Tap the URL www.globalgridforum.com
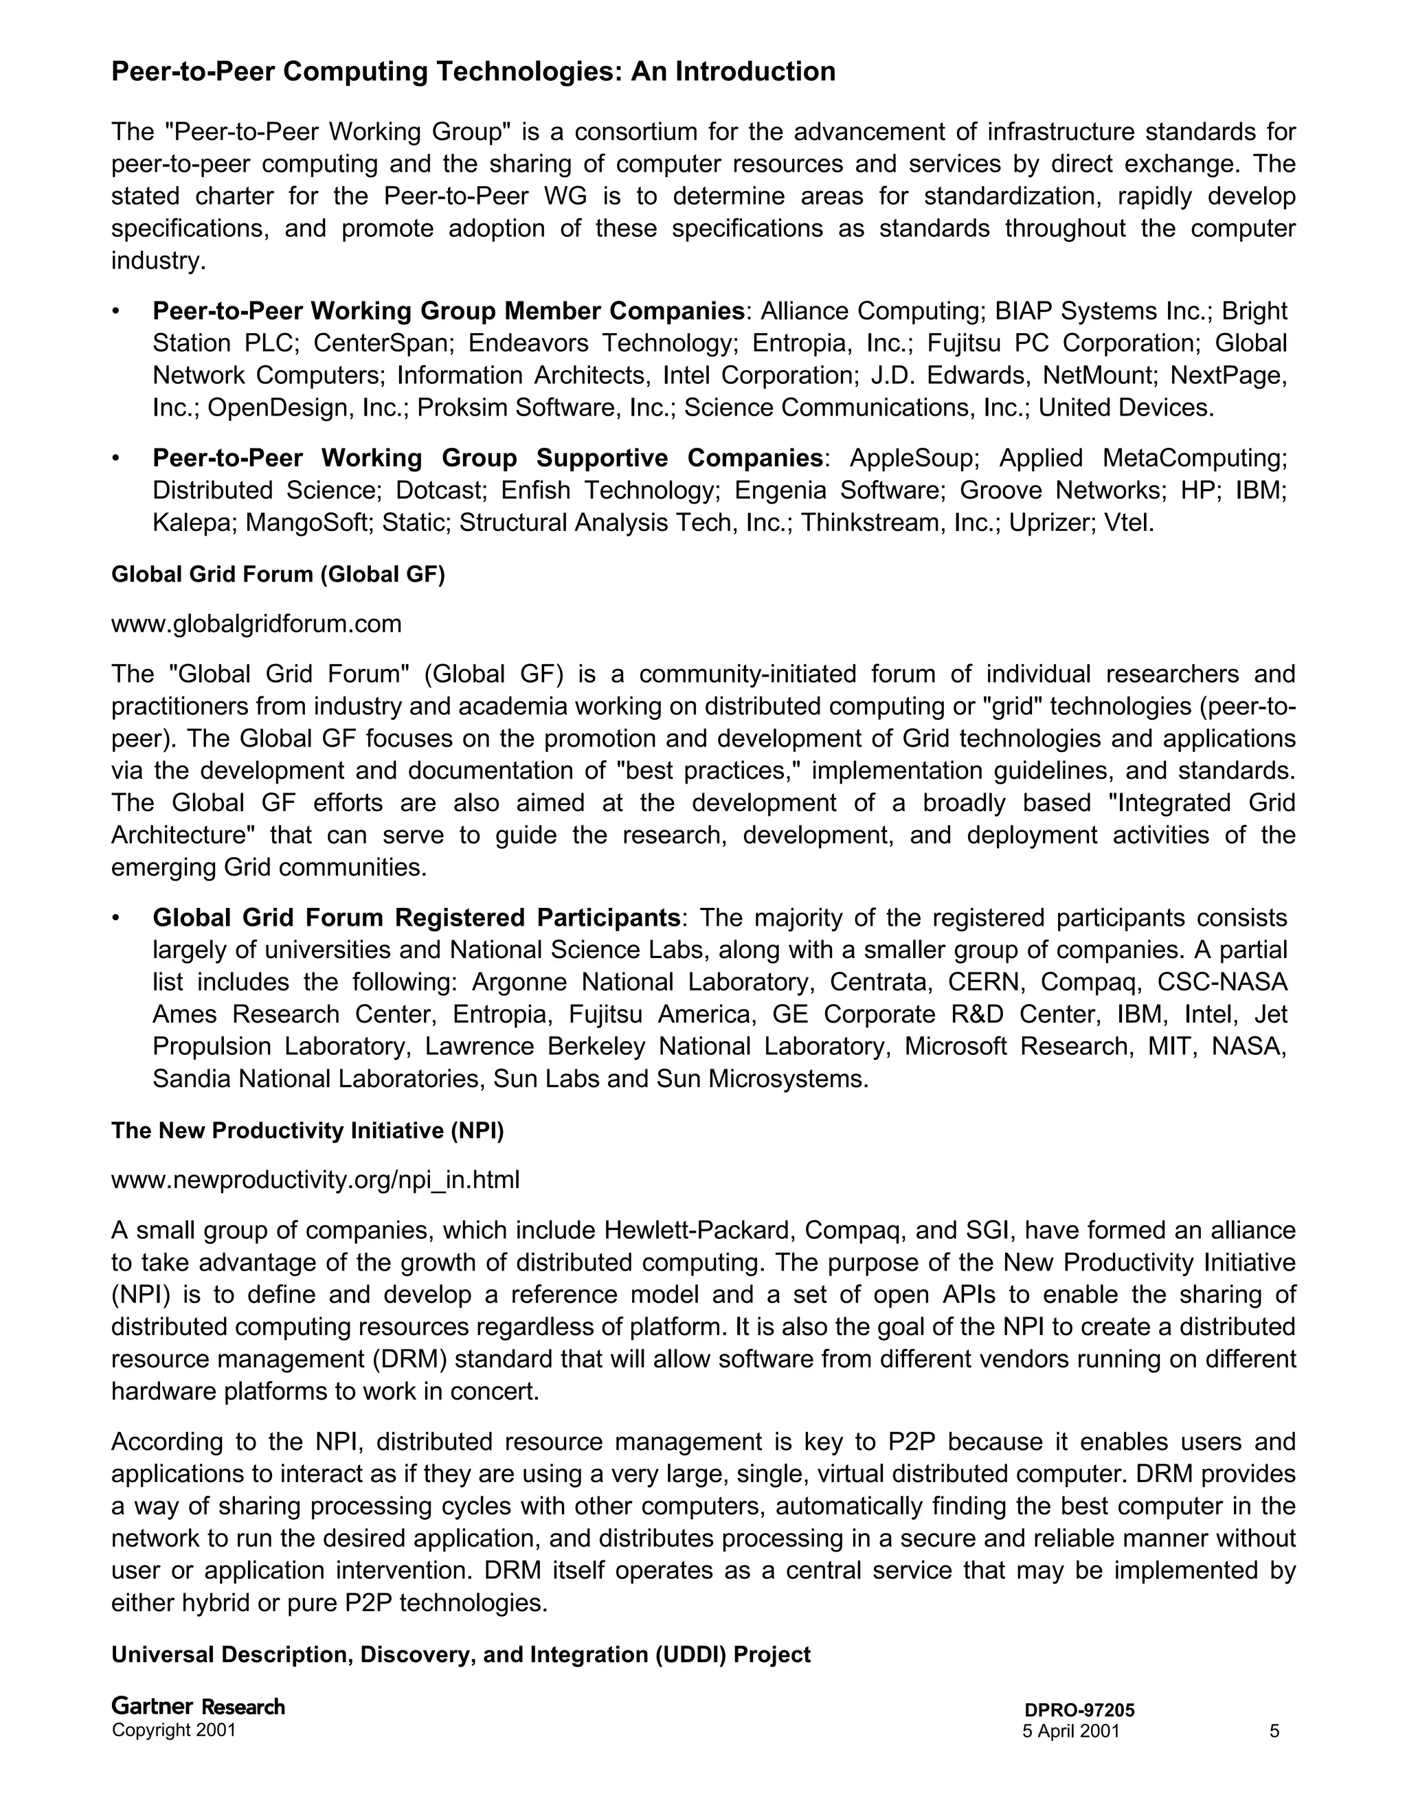point(256,624)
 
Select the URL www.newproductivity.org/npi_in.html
point(315,1179)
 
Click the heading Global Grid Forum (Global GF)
point(278,575)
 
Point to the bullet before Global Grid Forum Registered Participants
point(117,918)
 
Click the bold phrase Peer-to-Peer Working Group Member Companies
point(449,311)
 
